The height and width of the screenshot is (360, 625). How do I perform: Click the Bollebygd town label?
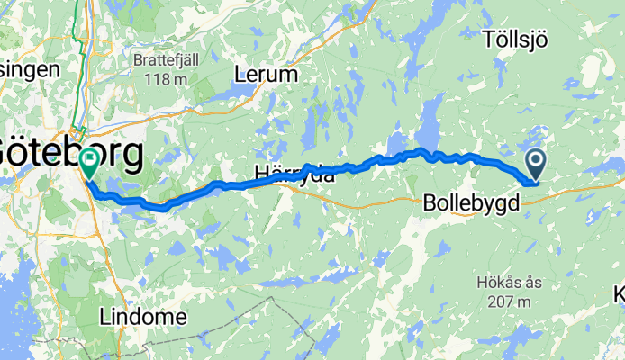[470, 204]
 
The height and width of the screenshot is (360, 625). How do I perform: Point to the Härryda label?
[293, 176]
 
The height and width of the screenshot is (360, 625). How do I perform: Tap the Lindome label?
[143, 317]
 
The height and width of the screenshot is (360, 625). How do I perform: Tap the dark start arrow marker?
[535, 163]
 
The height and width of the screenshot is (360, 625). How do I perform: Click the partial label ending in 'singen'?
[29, 68]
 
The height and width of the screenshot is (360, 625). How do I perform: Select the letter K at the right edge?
[620, 294]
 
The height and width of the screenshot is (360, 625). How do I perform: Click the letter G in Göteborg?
[13, 154]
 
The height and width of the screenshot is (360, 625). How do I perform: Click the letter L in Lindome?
[105, 317]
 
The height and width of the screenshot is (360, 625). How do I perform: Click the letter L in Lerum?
[239, 75]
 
